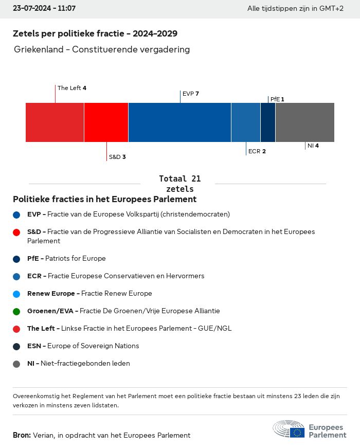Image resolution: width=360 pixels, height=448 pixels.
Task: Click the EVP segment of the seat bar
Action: pyautogui.click(x=179, y=122)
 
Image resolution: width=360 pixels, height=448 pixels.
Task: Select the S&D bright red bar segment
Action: pyautogui.click(x=106, y=122)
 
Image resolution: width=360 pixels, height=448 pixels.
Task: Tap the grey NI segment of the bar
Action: pyautogui.click(x=305, y=122)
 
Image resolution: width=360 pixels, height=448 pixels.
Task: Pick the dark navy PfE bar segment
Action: pyautogui.click(x=268, y=122)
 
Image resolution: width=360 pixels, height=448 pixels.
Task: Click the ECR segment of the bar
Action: pyautogui.click(x=246, y=122)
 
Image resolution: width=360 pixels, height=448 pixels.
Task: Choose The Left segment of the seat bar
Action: pyautogui.click(x=55, y=122)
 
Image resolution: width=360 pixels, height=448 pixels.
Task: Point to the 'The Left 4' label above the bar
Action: pyautogui.click(x=71, y=88)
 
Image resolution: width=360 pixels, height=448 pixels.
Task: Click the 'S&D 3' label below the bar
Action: pyautogui.click(x=117, y=157)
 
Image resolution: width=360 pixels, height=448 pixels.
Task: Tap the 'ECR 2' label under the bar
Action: pyautogui.click(x=257, y=151)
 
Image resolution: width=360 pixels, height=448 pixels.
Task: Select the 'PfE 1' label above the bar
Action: pyautogui.click(x=277, y=99)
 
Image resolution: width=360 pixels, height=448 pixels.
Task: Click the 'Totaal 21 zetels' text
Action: pyautogui.click(x=180, y=184)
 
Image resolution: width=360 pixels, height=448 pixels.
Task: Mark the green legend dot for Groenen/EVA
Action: pyautogui.click(x=16, y=311)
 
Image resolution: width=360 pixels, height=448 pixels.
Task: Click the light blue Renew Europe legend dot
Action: pyautogui.click(x=16, y=294)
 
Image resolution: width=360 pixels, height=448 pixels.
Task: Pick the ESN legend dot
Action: pyautogui.click(x=16, y=347)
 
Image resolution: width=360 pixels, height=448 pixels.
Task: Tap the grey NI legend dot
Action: pyautogui.click(x=16, y=364)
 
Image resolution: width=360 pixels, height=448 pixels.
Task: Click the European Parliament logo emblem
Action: pyautogui.click(x=289, y=429)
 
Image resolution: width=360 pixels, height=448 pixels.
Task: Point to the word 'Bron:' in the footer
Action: pyautogui.click(x=22, y=435)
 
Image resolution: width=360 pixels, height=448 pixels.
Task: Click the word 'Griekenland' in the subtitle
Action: pyautogui.click(x=39, y=49)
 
